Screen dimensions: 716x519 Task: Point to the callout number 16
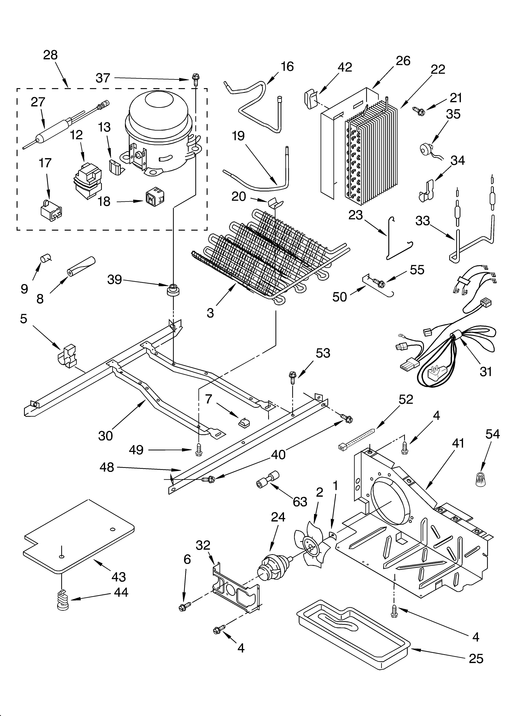click(287, 67)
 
